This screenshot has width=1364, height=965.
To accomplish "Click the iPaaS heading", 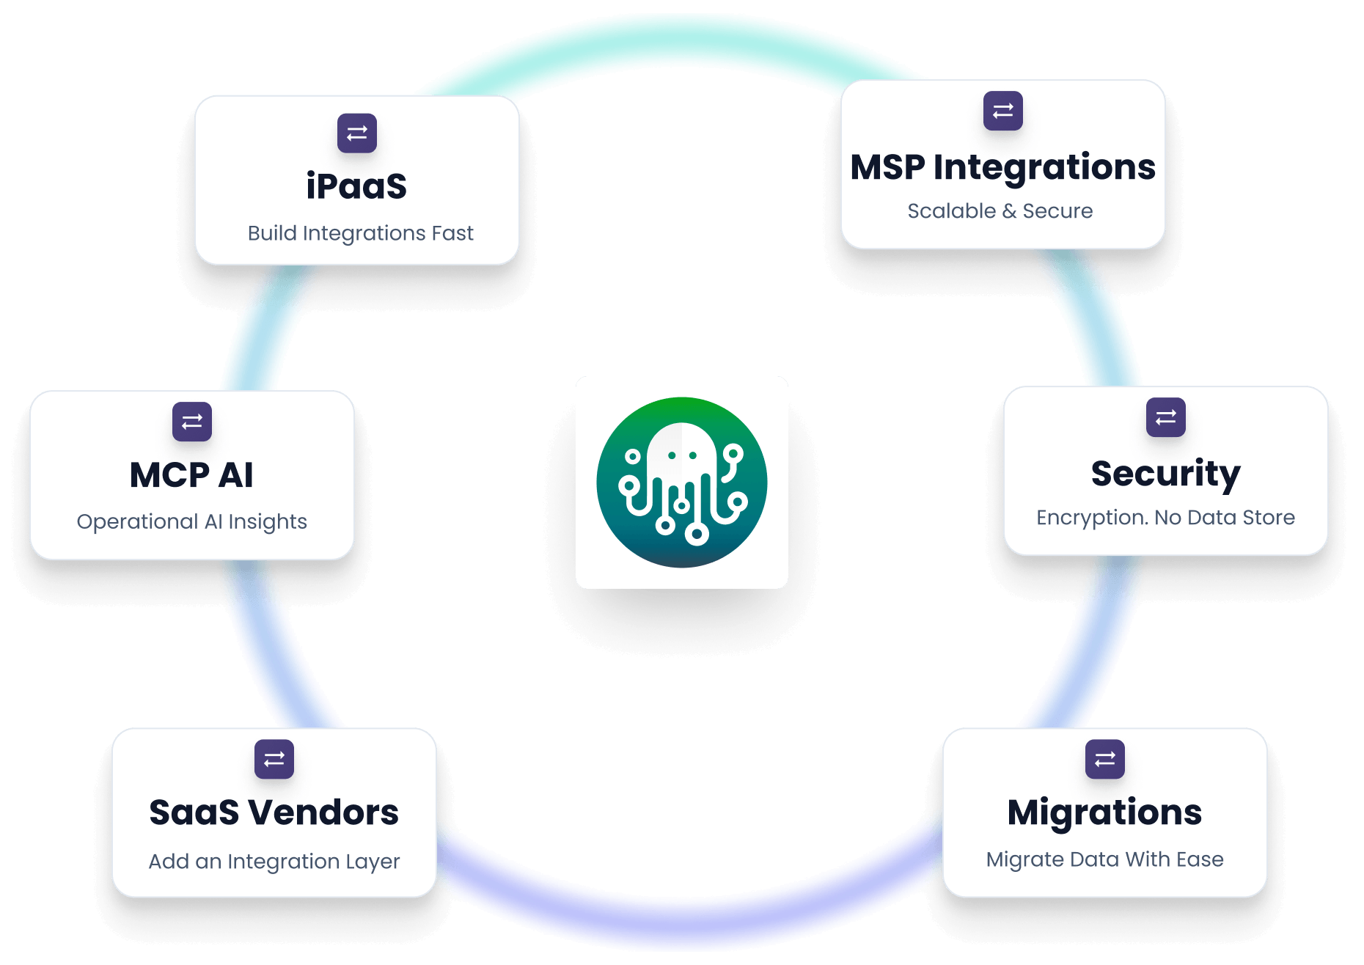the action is (356, 186).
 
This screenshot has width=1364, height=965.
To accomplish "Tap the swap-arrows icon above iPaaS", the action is (357, 133).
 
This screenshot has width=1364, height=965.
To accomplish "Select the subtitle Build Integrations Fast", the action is (360, 233).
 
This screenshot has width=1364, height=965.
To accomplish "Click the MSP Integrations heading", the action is (1002, 167).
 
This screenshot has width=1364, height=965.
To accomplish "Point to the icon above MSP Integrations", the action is (1002, 111).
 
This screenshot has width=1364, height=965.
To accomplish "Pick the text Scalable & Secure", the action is (1000, 211).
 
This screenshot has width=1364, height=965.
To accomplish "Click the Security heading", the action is (1165, 474).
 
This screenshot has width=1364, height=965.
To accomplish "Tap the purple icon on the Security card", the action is (1165, 417).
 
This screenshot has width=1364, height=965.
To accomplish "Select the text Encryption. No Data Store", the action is (1165, 518).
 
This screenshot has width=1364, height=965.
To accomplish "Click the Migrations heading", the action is (1104, 812).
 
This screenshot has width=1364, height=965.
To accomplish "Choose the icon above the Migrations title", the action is (1104, 759).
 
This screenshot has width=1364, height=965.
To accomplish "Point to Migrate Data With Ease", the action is (1104, 859).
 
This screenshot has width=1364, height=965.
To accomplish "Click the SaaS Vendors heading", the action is (274, 812).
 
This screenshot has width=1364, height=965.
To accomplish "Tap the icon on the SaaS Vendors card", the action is (274, 759).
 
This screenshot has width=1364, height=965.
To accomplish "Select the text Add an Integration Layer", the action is (274, 861).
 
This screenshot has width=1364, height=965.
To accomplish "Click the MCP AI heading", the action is (191, 475).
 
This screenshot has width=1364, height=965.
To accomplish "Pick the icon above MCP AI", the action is (192, 422).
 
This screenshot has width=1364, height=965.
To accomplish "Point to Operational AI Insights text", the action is (191, 521).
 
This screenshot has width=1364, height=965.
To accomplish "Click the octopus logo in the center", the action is (681, 482).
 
